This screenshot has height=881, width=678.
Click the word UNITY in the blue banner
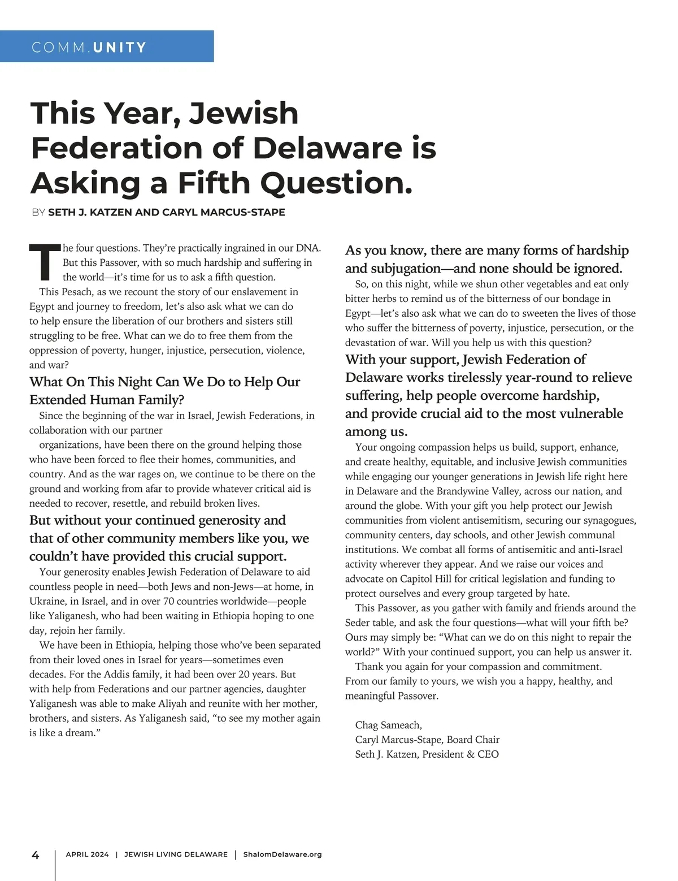(120, 47)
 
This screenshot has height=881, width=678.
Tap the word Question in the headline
(336, 183)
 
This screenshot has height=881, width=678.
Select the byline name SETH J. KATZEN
(90, 213)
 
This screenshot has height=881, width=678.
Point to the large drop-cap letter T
(44, 262)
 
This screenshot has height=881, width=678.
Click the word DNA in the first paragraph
(308, 248)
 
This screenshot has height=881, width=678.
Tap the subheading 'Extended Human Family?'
(107, 400)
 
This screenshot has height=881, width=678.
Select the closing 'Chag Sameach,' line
(388, 725)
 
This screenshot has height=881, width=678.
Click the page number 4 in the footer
(35, 854)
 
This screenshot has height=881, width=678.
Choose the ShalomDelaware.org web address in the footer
(282, 854)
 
